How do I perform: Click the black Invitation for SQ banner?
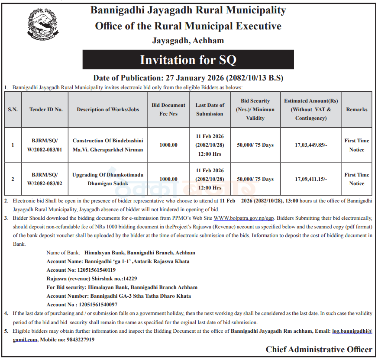click(x=188, y=60)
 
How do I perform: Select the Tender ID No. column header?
click(x=46, y=109)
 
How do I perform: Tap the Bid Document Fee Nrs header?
click(x=168, y=109)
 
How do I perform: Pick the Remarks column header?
click(x=356, y=109)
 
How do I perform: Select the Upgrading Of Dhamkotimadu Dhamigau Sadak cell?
click(x=108, y=179)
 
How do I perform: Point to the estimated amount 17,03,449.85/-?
click(x=311, y=145)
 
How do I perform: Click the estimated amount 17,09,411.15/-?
click(x=311, y=179)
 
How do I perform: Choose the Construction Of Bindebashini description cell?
click(x=108, y=145)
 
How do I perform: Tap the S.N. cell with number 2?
click(x=13, y=179)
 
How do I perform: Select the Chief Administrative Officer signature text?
click(x=319, y=350)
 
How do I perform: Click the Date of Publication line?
click(x=188, y=78)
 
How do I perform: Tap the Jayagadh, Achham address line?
click(x=188, y=41)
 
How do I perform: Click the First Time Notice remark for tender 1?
click(x=356, y=145)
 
